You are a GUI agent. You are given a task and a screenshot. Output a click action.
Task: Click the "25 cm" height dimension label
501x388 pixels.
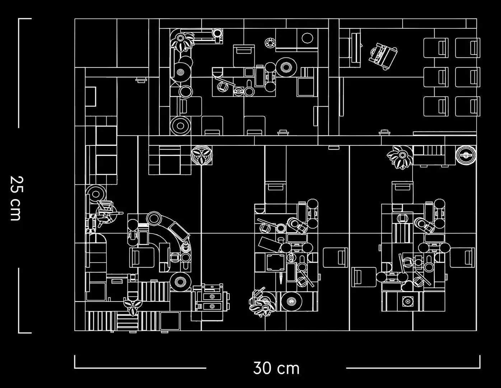17,198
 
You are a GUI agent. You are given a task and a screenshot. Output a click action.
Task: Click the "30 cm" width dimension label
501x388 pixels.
276,368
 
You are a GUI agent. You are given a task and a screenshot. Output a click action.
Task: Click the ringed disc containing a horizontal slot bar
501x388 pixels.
466,155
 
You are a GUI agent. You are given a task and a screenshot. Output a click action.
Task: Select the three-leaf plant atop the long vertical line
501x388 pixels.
202,155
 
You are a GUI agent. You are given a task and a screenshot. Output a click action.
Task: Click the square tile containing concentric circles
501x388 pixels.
407,301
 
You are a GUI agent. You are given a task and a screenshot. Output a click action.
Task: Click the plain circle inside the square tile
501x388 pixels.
307,38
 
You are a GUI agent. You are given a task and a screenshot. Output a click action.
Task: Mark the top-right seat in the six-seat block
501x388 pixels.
468,48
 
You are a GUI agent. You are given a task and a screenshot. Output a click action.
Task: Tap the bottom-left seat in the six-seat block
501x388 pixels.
436,106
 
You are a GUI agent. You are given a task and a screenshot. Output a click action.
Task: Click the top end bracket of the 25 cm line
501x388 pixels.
25,18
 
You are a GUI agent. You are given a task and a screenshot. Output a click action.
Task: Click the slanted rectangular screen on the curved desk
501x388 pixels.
179,231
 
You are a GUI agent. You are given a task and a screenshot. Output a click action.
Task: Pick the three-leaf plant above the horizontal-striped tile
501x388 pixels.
133,307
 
